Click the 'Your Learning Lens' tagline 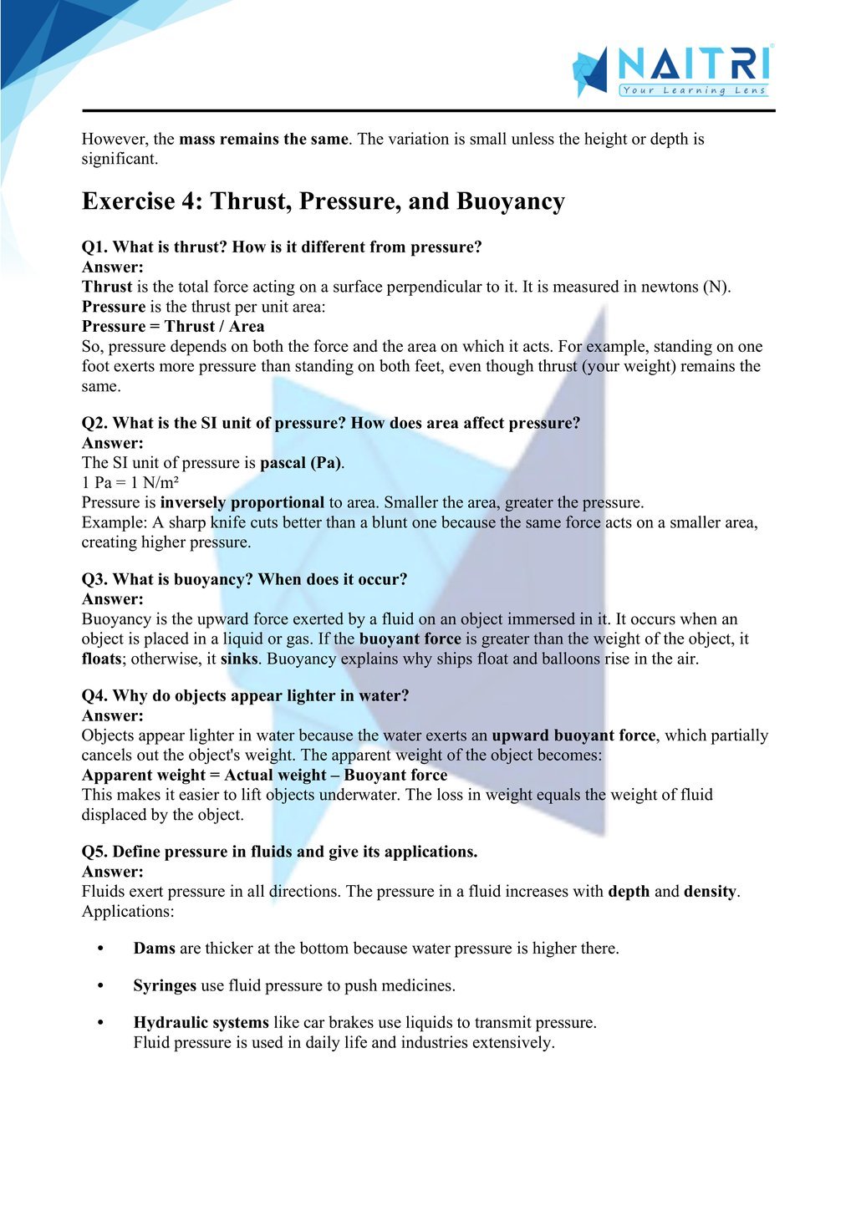693,90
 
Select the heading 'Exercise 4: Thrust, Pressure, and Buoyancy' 323,201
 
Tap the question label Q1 94,247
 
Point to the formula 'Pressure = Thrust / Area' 173,326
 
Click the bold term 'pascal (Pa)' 301,462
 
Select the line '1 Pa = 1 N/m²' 130,482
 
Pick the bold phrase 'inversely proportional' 242,502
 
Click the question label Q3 94,579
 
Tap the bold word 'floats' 102,659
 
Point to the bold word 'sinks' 238,659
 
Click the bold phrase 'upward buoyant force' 573,735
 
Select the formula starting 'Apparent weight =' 264,775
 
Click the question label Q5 94,852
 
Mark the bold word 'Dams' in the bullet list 154,949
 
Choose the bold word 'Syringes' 165,985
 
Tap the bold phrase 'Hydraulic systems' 201,1022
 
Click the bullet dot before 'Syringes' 100,986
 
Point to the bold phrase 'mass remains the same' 263,139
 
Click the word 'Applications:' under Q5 128,911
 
